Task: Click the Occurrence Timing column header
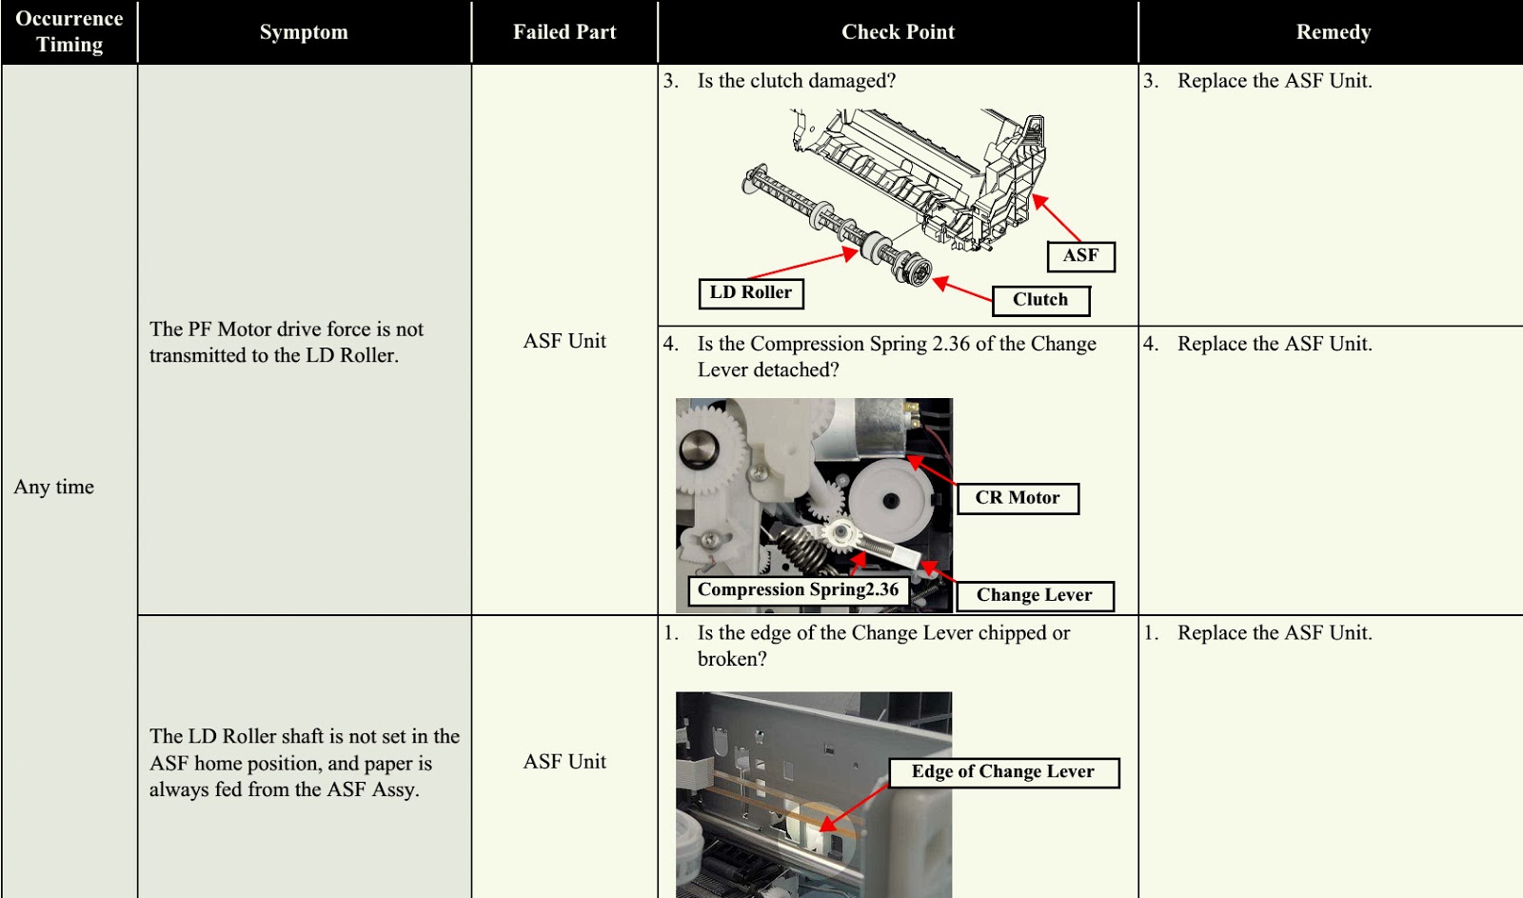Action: coord(69,31)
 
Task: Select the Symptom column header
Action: coord(304,31)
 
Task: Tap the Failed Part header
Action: coord(564,31)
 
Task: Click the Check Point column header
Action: coord(898,31)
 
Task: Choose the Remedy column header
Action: coord(1333,31)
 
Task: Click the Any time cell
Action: coord(54,487)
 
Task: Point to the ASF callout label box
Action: coord(1080,255)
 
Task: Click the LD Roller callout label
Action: coord(750,292)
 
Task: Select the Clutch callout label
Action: coord(1039,299)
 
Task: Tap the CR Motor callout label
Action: coord(1017,497)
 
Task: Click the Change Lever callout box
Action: coord(1034,595)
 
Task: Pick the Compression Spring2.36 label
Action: coord(798,589)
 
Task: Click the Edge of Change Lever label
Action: coord(1002,771)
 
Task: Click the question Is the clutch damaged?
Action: coord(796,81)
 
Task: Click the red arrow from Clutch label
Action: coord(963,289)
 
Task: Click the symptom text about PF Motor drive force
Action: coord(287,342)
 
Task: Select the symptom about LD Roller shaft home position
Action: coord(304,762)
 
